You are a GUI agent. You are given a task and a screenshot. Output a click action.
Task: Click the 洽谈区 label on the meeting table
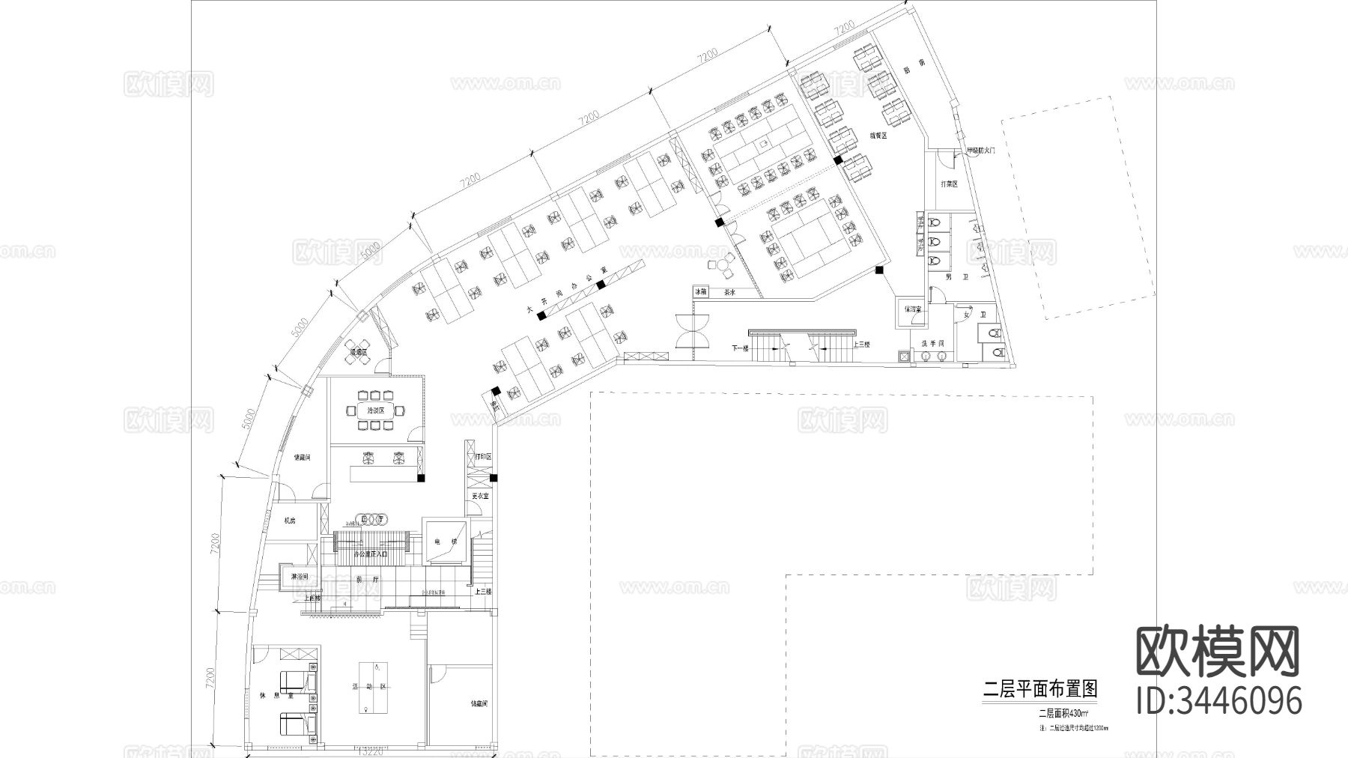point(375,410)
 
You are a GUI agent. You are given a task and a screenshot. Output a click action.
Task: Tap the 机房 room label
point(289,520)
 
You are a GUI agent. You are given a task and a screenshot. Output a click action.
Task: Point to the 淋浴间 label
point(299,577)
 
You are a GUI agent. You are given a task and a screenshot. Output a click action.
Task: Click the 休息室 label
point(269,696)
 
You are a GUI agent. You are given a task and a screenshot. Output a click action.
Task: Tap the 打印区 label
point(482,456)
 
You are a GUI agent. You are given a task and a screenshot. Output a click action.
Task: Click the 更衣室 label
point(480,496)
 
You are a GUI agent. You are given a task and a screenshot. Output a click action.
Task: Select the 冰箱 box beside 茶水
point(700,292)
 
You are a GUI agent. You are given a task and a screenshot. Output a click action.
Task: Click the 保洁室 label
point(911,309)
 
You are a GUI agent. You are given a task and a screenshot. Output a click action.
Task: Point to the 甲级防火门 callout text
point(980,151)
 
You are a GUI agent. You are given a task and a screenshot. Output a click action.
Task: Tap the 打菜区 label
point(949,184)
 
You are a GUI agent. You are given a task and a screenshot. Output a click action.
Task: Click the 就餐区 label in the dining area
point(878,136)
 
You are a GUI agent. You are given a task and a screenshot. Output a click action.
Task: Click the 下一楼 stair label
point(741,348)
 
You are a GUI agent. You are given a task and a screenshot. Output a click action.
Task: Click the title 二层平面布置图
point(1039,689)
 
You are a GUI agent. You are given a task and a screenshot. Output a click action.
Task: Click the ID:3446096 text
point(1219,700)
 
